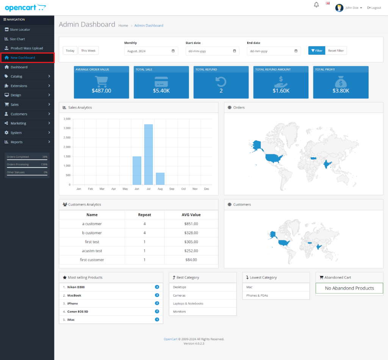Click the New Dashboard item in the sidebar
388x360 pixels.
pos(23,58)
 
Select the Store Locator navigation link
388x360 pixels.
pos(20,30)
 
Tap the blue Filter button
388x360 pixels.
pos(316,50)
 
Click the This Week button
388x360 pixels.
pos(88,50)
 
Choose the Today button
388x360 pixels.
pos(70,50)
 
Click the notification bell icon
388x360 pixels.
pos(316,5)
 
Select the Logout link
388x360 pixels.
pos(374,8)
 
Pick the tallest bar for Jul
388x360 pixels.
pos(149,154)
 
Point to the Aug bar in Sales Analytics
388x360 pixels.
pos(160,178)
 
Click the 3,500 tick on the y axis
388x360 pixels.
pos(67,119)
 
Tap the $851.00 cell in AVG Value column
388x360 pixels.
pos(191,224)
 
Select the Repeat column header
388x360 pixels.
pos(144,214)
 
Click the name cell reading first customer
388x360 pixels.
pos(92,260)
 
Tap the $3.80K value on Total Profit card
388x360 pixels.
pos(341,91)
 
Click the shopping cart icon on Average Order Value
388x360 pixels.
pos(101,81)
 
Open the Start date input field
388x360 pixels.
pos(212,51)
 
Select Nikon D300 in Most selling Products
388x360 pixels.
pos(76,287)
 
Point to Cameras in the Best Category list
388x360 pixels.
pos(179,295)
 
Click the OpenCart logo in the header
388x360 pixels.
pos(25,7)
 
